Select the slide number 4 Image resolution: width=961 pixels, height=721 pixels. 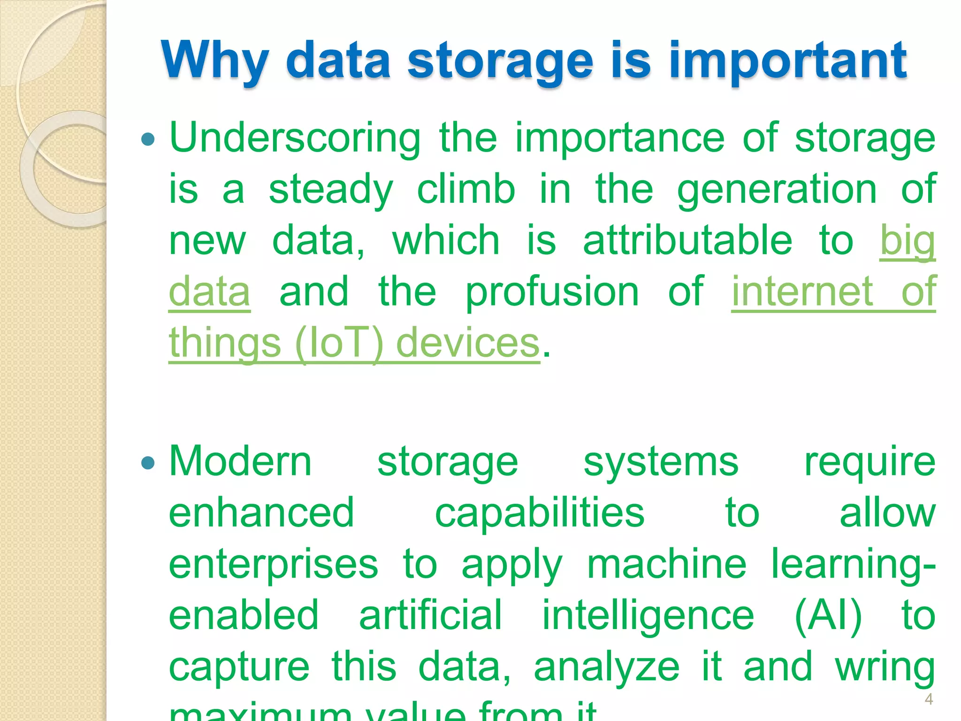[x=929, y=699]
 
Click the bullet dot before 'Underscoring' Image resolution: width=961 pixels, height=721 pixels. [x=148, y=139]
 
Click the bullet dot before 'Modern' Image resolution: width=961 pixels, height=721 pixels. [x=148, y=463]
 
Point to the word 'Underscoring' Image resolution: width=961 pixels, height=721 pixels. [x=295, y=138]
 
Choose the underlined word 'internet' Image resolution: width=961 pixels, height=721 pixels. [x=802, y=291]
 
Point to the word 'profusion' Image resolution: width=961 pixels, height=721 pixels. [x=552, y=291]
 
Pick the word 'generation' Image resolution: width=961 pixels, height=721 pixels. [x=777, y=189]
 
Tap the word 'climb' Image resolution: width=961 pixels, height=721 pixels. [x=466, y=189]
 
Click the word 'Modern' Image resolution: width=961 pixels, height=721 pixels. [x=240, y=462]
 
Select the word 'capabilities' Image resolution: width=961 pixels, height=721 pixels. [x=540, y=513]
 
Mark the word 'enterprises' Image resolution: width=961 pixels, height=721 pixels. [x=273, y=564]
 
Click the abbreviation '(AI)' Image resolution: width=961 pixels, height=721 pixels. [x=828, y=615]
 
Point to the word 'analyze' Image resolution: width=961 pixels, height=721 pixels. [x=606, y=667]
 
